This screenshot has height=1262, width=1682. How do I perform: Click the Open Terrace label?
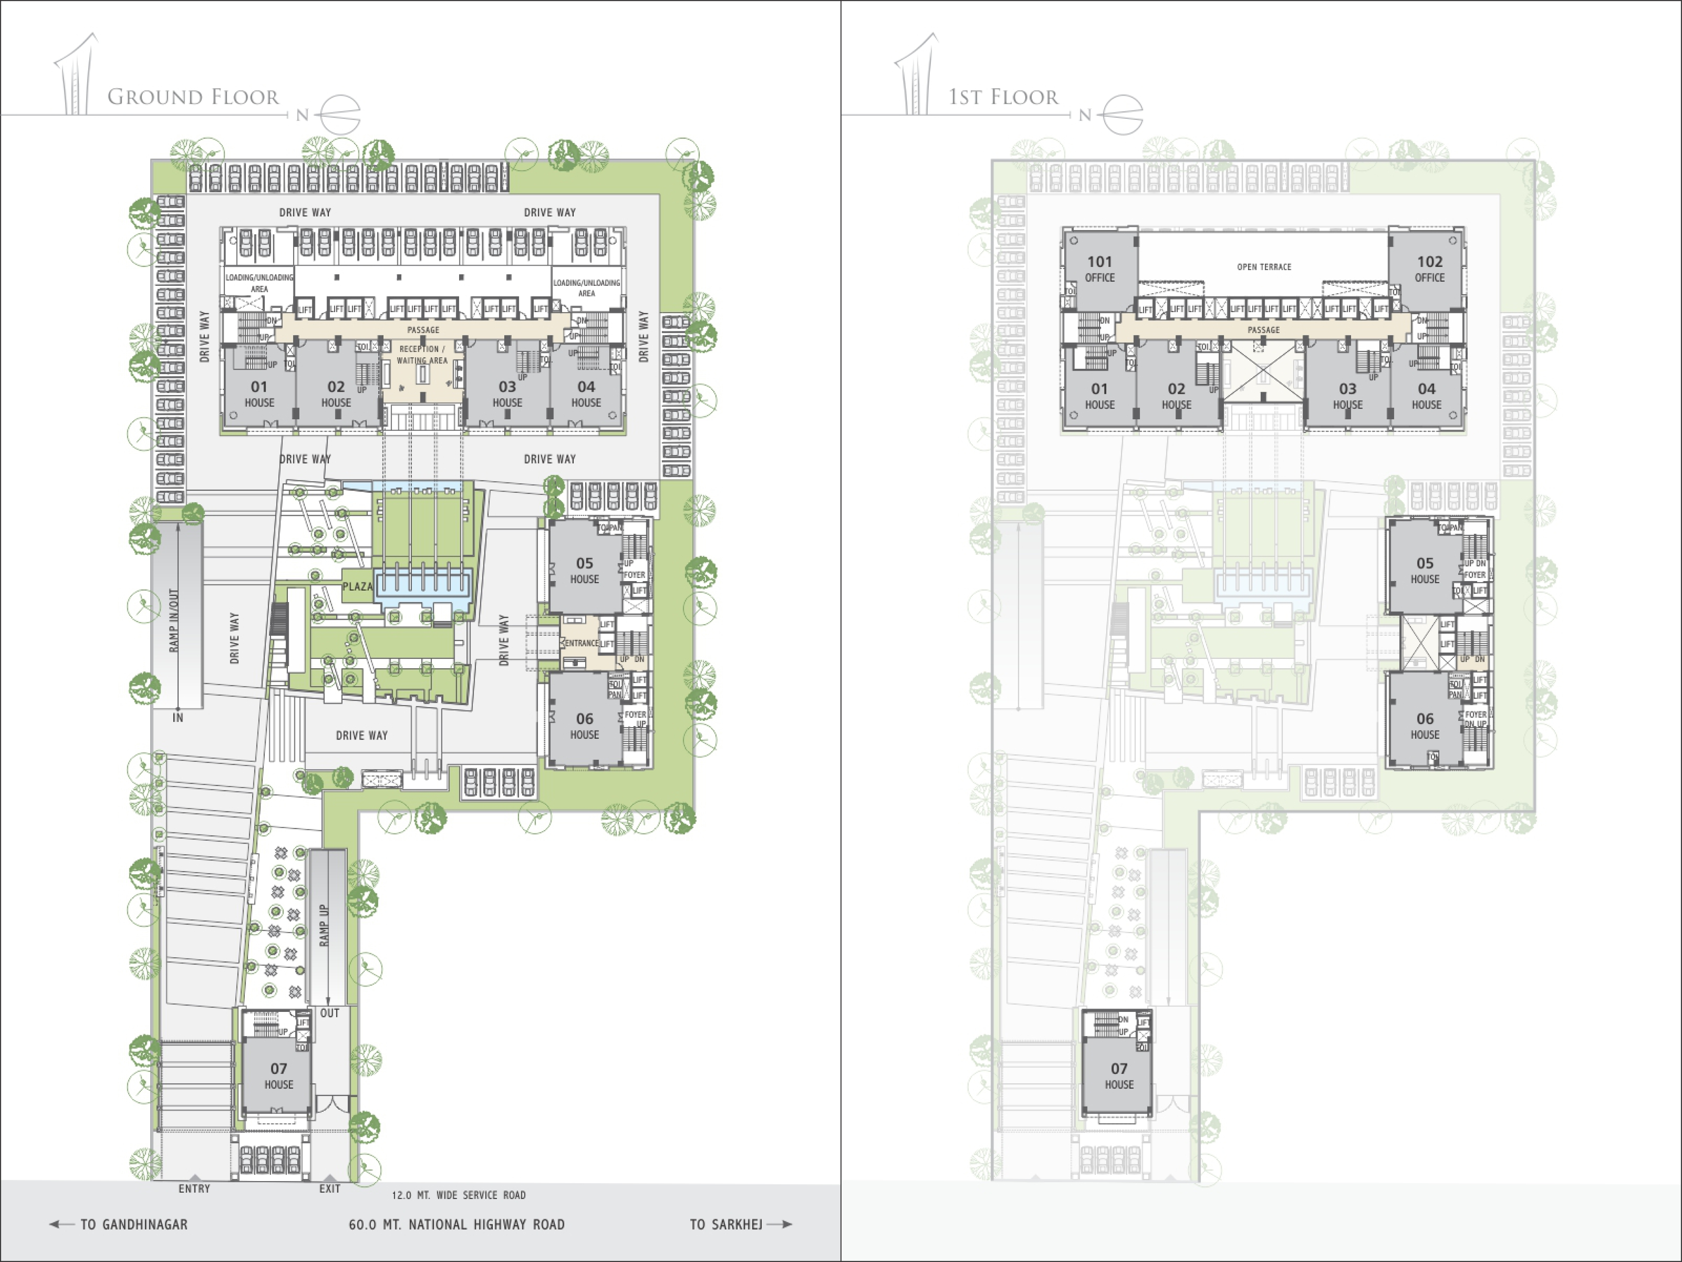[x=1264, y=267]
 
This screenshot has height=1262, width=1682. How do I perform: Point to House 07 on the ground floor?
[x=278, y=1076]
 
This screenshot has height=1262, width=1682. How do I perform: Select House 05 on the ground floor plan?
[x=584, y=570]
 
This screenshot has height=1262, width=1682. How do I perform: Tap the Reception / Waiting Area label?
[x=422, y=354]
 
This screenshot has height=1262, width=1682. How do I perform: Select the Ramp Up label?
[x=324, y=925]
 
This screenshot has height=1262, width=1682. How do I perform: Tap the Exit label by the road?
[x=329, y=1188]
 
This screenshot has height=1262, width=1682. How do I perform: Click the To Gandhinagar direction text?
[x=134, y=1224]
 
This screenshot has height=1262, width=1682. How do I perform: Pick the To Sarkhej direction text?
[x=726, y=1224]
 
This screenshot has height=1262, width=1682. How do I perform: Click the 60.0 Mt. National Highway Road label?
[x=456, y=1224]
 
